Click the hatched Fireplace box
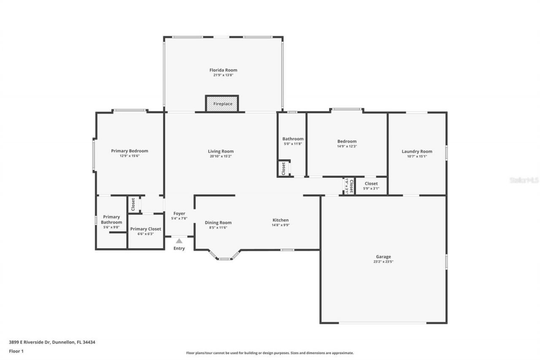(x=222, y=104)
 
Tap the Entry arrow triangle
(x=179, y=241)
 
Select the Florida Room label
(x=223, y=70)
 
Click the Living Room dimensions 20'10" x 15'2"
(x=220, y=156)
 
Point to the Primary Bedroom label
(x=130, y=151)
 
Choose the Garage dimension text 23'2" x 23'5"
(x=383, y=262)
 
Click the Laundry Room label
(x=417, y=152)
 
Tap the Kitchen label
(x=281, y=220)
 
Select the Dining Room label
(x=218, y=222)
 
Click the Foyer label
(x=179, y=214)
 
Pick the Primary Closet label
(x=146, y=229)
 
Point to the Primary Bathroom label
(x=111, y=219)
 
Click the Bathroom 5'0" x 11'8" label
(x=293, y=139)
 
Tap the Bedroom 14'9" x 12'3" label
(x=347, y=141)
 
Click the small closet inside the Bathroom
(x=283, y=168)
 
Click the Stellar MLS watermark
(x=524, y=180)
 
